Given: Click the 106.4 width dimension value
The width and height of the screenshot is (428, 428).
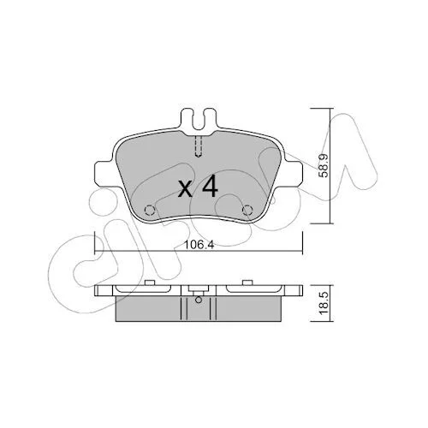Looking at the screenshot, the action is [x=199, y=244].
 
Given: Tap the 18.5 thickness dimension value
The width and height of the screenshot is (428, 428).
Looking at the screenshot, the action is [x=324, y=304].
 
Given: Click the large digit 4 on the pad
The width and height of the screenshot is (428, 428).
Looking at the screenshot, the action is [x=210, y=187].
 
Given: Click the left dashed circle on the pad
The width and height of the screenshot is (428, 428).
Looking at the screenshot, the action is [x=150, y=211].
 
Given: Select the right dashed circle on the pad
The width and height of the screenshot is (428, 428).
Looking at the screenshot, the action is [x=247, y=211].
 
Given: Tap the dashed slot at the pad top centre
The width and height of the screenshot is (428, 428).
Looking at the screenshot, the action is [x=199, y=146].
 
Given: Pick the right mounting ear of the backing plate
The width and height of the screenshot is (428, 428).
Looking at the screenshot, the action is [x=293, y=175].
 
